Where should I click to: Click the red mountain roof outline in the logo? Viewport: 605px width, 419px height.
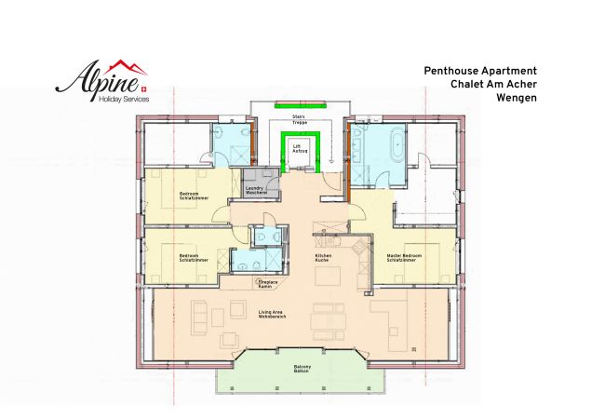(128, 67)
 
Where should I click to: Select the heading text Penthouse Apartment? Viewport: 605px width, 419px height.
(480, 70)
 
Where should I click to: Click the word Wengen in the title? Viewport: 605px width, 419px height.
(517, 96)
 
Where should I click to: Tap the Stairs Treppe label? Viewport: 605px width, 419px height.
(300, 119)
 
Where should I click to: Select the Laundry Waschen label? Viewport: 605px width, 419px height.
(257, 190)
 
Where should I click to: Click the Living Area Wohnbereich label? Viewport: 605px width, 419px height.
(273, 315)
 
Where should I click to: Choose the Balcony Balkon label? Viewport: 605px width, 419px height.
(301, 369)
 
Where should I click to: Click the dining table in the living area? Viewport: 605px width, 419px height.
(328, 319)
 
